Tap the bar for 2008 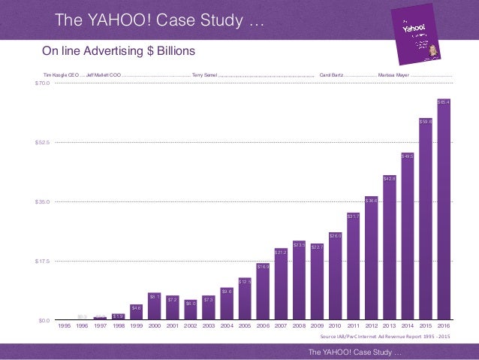click(x=299, y=281)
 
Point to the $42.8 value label click(x=389, y=179)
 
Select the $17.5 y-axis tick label click(x=42, y=261)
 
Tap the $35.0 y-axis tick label click(x=42, y=201)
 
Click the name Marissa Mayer click(x=393, y=76)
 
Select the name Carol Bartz click(x=331, y=76)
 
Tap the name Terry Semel click(x=204, y=76)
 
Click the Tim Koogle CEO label click(x=61, y=76)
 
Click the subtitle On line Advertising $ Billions click(x=118, y=51)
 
